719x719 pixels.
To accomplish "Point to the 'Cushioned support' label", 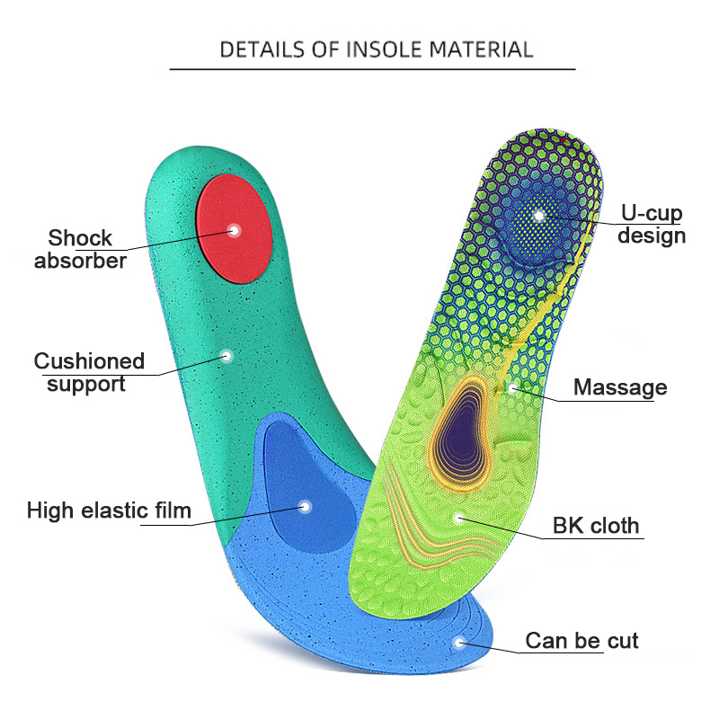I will point(89,372).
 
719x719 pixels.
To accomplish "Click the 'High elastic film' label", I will point(109,511).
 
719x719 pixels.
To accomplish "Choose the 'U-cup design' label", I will point(652,225).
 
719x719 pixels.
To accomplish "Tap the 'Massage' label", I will point(620,387).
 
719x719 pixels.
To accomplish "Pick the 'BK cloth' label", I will point(596,525).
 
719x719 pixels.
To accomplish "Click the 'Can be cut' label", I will point(581,641).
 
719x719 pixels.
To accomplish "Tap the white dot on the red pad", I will point(235,229).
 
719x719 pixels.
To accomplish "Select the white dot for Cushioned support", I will point(226,356).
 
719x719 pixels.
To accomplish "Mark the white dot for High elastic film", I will point(305,507).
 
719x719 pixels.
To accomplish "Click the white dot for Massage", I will point(511,388).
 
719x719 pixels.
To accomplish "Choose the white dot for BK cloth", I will point(460,517).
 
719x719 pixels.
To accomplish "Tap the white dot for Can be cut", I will point(460,643).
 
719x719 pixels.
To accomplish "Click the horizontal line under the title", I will point(372,69).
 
